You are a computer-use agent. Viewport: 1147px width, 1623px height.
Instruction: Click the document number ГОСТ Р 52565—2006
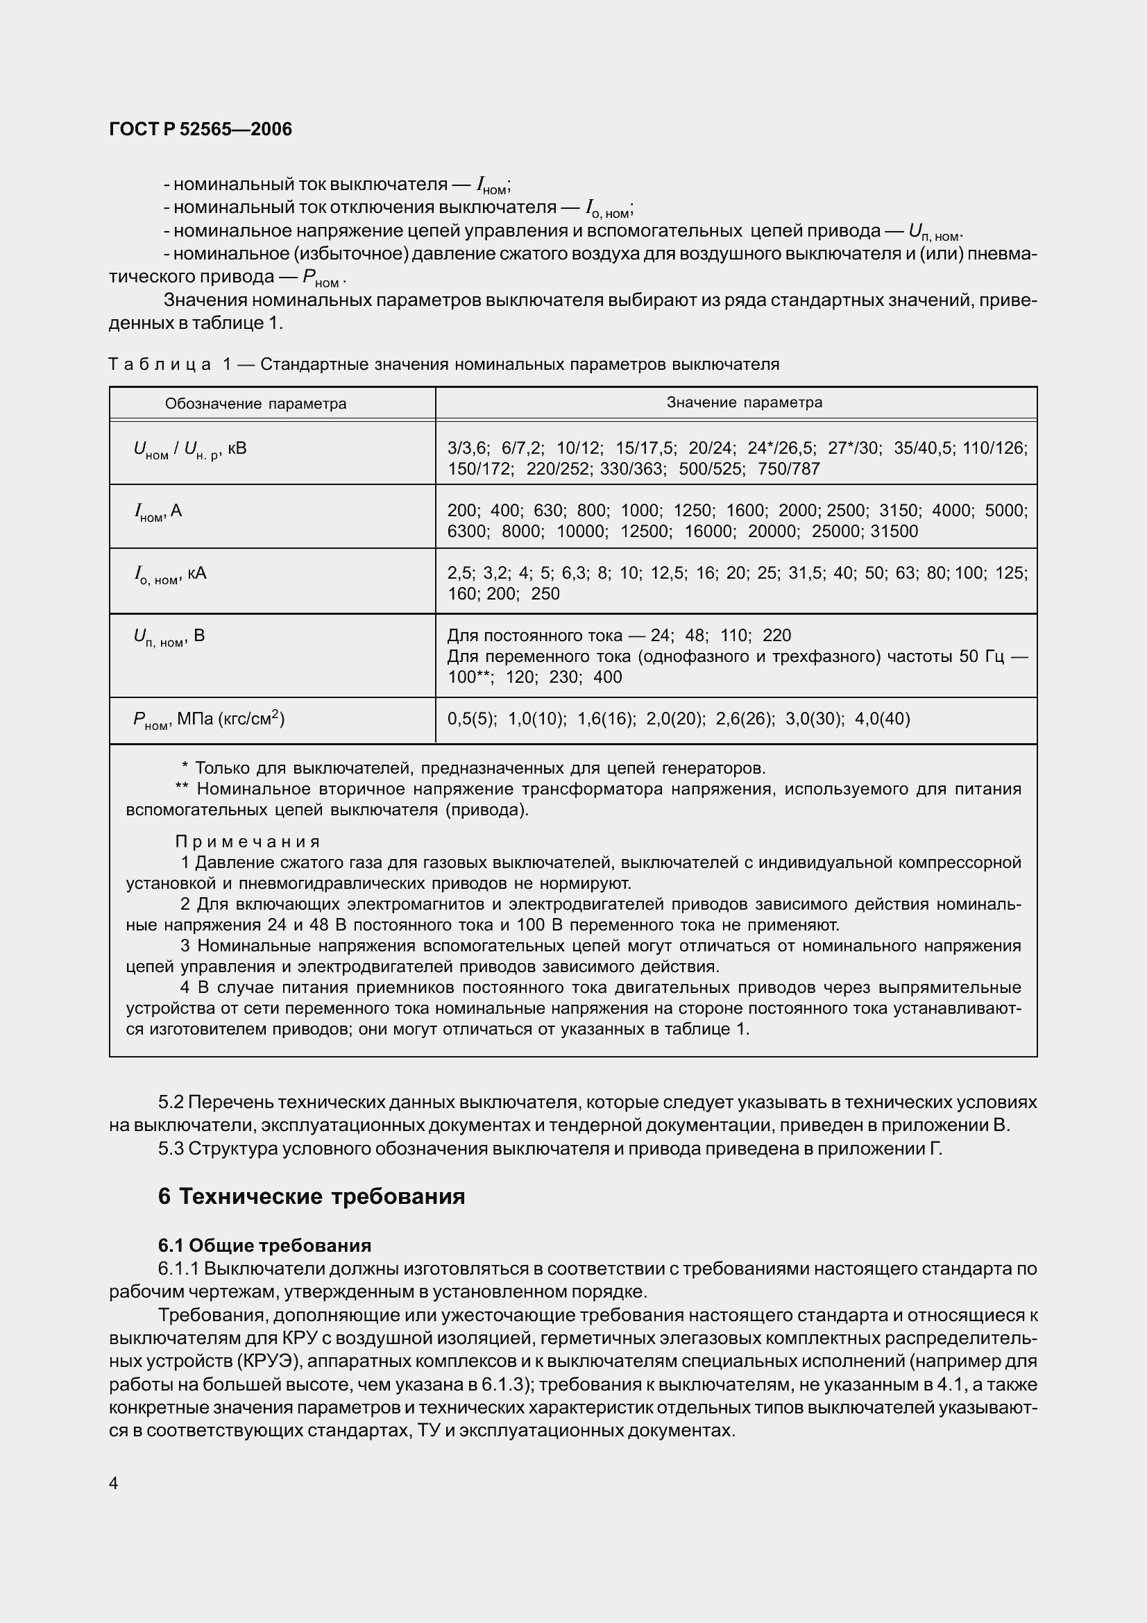click(201, 129)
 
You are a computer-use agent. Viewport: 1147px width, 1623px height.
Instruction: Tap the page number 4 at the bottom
click(114, 1477)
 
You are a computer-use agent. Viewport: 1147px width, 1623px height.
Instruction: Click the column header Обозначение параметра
click(256, 404)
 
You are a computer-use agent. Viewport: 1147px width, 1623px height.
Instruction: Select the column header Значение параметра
click(744, 402)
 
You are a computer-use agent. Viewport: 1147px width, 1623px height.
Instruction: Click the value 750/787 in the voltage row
click(789, 468)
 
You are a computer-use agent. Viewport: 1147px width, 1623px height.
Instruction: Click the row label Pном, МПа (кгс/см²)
click(209, 720)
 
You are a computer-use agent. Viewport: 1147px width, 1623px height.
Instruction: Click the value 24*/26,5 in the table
click(781, 448)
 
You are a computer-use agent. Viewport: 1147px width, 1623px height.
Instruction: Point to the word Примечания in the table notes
click(247, 842)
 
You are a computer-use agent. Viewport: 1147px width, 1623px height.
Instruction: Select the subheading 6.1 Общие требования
click(265, 1245)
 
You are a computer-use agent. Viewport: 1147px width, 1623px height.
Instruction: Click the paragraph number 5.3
click(171, 1148)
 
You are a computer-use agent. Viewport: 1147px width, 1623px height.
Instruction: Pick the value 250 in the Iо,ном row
click(545, 594)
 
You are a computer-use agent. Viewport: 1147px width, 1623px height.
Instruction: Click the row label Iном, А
click(158, 511)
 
